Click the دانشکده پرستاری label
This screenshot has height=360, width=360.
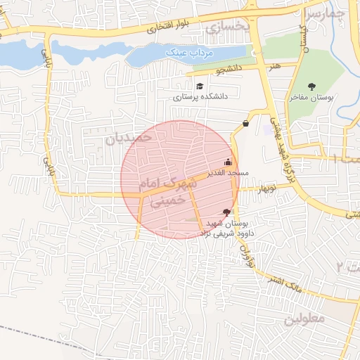198,98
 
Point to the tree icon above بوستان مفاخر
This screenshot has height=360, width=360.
311,86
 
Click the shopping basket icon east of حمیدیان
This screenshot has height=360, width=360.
245,124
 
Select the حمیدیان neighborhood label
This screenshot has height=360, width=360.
129,139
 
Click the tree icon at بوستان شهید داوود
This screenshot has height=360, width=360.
226,212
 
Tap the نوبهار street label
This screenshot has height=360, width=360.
267,188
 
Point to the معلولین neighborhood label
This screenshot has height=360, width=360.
305,319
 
